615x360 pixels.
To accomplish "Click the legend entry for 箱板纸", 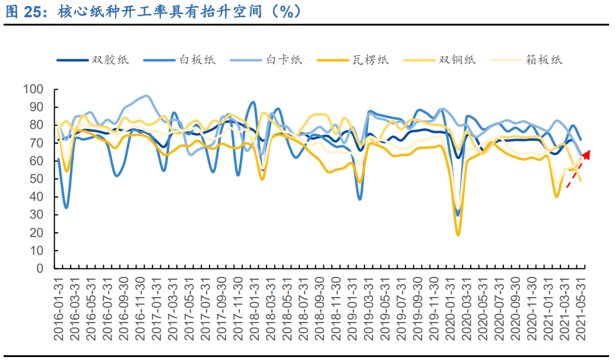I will (544, 59).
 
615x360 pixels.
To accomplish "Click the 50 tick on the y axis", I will (37, 179).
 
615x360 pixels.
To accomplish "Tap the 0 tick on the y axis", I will (40, 269).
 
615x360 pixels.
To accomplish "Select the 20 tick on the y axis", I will (37, 233).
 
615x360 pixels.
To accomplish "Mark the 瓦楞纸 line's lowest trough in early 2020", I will (458, 235).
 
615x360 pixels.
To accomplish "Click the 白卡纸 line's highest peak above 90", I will (145, 96).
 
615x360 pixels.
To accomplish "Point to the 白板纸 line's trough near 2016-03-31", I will (66, 207).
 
